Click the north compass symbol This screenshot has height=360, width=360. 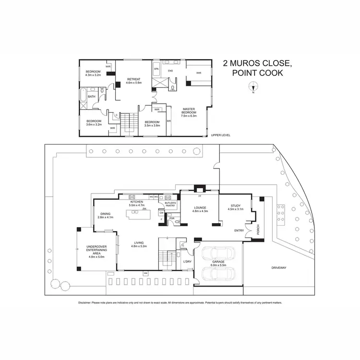coord(255,86)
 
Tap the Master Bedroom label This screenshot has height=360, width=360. coord(189,114)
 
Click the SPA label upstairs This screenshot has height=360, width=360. coord(156,69)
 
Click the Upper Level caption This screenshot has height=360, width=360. coord(221,135)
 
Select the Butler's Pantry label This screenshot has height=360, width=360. coord(170,204)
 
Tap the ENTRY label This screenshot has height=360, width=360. coord(239,230)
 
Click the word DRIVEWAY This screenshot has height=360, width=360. coord(278,267)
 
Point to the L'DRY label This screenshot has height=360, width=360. coord(188,262)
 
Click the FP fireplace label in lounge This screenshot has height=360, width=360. coord(199,196)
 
